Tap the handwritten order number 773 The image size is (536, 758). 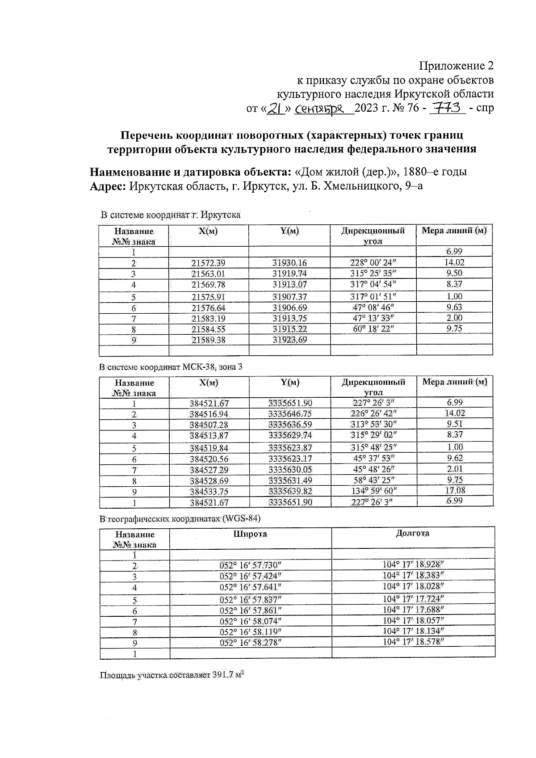(x=447, y=108)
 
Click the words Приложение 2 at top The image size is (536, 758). (x=456, y=66)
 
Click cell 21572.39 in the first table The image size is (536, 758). (x=208, y=263)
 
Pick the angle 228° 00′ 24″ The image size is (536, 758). (x=373, y=263)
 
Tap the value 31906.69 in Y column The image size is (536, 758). (x=289, y=307)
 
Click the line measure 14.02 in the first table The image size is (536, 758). (x=454, y=262)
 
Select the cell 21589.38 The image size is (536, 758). (x=208, y=340)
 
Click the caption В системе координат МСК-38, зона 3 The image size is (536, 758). (x=171, y=367)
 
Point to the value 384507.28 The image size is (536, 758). (x=208, y=425)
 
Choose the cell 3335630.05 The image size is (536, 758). (x=290, y=469)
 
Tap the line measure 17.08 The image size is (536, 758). (x=455, y=491)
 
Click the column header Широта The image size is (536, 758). (x=250, y=534)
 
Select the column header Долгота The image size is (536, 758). (x=412, y=533)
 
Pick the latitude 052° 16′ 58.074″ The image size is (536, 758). (x=251, y=621)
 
